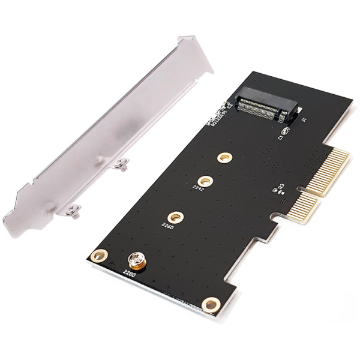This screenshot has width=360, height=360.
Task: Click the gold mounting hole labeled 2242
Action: [206, 180]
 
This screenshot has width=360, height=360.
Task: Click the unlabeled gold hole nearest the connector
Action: [224, 157]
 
